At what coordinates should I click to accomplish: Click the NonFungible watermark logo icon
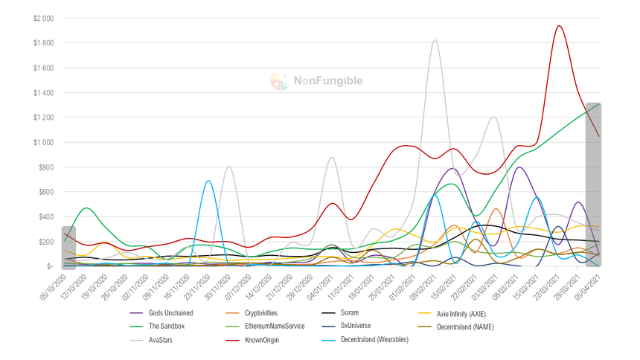[280, 82]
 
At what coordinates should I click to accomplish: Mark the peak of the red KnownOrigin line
[558, 26]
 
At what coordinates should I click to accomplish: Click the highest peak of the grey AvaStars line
[435, 40]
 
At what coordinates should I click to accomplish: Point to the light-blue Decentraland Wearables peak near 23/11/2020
[208, 181]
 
